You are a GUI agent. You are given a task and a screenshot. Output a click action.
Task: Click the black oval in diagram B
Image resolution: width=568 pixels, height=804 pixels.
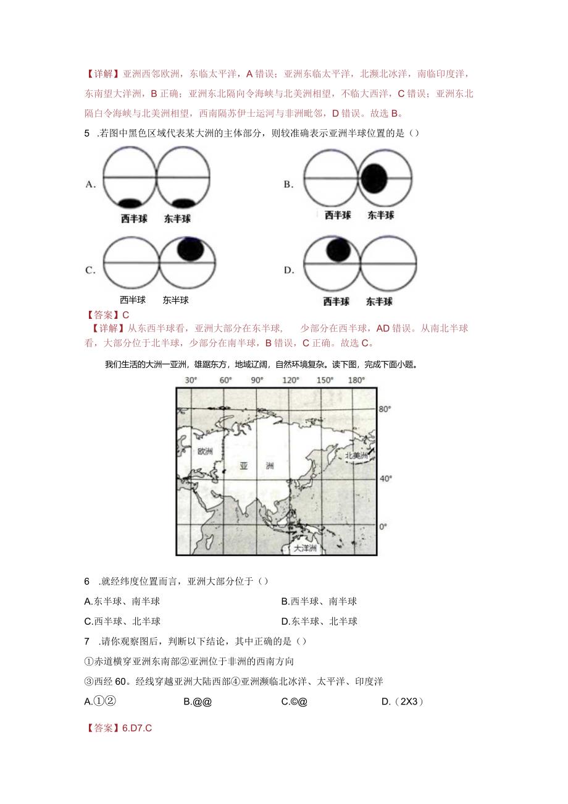coord(375,179)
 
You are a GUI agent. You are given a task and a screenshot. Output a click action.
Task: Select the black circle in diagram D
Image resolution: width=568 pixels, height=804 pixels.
coord(338,250)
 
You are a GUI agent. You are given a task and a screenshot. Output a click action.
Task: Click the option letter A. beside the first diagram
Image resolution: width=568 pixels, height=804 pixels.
coord(90,184)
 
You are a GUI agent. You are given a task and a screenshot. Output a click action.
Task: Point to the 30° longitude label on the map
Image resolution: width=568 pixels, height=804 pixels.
coord(190,380)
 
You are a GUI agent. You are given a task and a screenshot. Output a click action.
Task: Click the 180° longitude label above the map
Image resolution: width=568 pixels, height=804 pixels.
coord(356,380)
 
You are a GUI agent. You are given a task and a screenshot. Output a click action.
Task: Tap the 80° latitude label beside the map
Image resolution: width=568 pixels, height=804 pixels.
coord(385,409)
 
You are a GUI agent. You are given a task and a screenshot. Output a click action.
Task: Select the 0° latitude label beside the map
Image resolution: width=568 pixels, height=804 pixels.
coord(383,526)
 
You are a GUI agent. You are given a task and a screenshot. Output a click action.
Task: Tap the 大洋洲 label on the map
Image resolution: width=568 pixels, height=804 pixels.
coord(304,548)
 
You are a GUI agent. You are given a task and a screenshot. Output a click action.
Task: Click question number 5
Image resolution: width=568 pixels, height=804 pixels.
coord(87,133)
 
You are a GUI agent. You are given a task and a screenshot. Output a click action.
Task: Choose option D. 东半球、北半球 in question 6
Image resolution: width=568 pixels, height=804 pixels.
coord(319,620)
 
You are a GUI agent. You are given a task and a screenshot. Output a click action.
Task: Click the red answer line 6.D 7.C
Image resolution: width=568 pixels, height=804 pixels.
coord(119,728)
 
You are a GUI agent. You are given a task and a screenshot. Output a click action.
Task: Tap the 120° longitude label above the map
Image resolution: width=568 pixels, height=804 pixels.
coord(290,380)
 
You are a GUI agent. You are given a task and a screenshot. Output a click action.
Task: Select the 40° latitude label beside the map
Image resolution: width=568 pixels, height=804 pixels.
coord(385,478)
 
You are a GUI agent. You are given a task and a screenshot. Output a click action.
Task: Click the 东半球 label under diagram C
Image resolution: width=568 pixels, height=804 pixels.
coord(176,300)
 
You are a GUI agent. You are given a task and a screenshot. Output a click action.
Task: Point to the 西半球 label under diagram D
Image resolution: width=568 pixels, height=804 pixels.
coord(336,302)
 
